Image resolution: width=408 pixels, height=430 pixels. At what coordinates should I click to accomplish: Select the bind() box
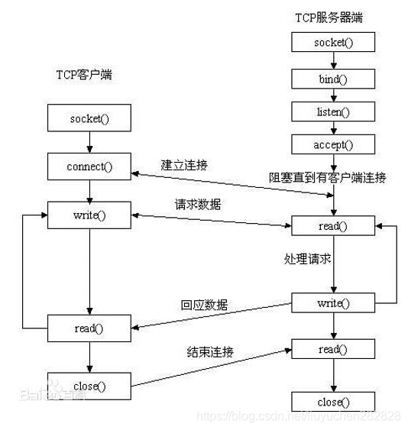point(333,78)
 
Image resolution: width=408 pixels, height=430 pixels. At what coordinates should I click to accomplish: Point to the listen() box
point(333,112)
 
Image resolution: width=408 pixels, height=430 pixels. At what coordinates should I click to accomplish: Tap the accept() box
point(333,144)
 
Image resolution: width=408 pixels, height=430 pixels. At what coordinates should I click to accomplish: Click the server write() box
point(333,303)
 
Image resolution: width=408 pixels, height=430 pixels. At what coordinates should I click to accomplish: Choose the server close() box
point(333,402)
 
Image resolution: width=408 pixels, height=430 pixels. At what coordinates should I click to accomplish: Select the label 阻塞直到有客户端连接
point(327,178)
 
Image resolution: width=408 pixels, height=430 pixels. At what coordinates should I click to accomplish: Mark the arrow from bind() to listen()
point(333,95)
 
